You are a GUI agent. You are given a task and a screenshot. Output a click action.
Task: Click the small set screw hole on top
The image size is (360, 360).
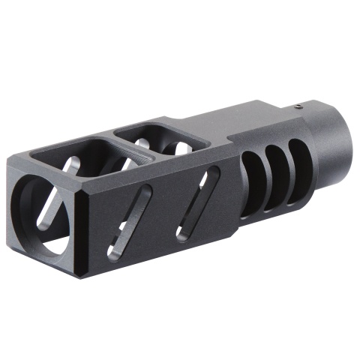pyautogui.click(x=298, y=106)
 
